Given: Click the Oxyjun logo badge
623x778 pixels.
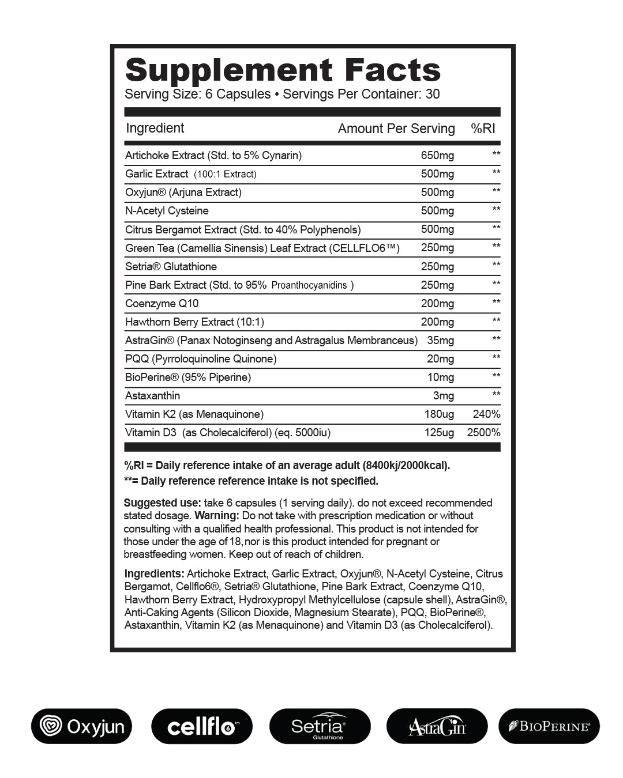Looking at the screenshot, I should pos(81,726).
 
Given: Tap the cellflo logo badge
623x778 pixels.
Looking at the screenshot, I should pos(202,726).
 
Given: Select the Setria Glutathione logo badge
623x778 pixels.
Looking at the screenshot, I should pos(320,726).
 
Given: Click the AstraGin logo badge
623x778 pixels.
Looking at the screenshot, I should pos(437,726).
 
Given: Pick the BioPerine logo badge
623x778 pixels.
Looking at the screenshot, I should pos(549,726).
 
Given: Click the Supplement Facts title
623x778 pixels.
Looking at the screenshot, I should pos(283,70).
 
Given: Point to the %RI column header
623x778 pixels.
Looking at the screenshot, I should pos(483,129).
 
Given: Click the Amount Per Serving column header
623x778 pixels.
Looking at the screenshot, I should pos(396,129).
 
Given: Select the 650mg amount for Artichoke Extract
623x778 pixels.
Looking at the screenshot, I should pos(437,156).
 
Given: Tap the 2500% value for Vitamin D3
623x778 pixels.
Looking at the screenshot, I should pos(483,433).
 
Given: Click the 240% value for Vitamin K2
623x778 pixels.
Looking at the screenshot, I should pos(486,414).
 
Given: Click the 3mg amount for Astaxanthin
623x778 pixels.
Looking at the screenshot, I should pos(443,396).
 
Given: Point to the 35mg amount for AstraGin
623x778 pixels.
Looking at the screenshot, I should pos(440,341).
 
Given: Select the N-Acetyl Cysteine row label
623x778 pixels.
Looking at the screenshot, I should pos(167,211).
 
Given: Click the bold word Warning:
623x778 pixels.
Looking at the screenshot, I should pos(216,516).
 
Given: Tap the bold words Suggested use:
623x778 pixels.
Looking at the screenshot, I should pos(162,503).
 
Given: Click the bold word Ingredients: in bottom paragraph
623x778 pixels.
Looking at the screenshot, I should pos(154,574).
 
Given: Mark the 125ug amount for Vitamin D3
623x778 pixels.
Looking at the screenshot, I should pos(439,433).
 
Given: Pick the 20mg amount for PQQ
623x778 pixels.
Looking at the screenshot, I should pos(440,359).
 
